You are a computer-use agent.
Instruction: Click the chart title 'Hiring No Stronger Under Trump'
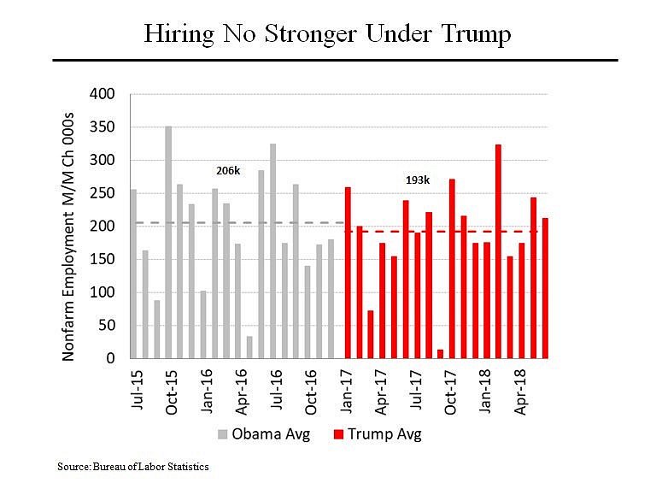[x=328, y=34]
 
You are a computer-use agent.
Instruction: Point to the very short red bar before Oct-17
[x=440, y=354]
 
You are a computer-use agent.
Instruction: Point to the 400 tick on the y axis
[x=103, y=94]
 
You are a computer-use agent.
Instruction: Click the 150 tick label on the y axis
[x=103, y=259]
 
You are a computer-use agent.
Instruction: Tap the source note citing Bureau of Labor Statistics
[x=133, y=467]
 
